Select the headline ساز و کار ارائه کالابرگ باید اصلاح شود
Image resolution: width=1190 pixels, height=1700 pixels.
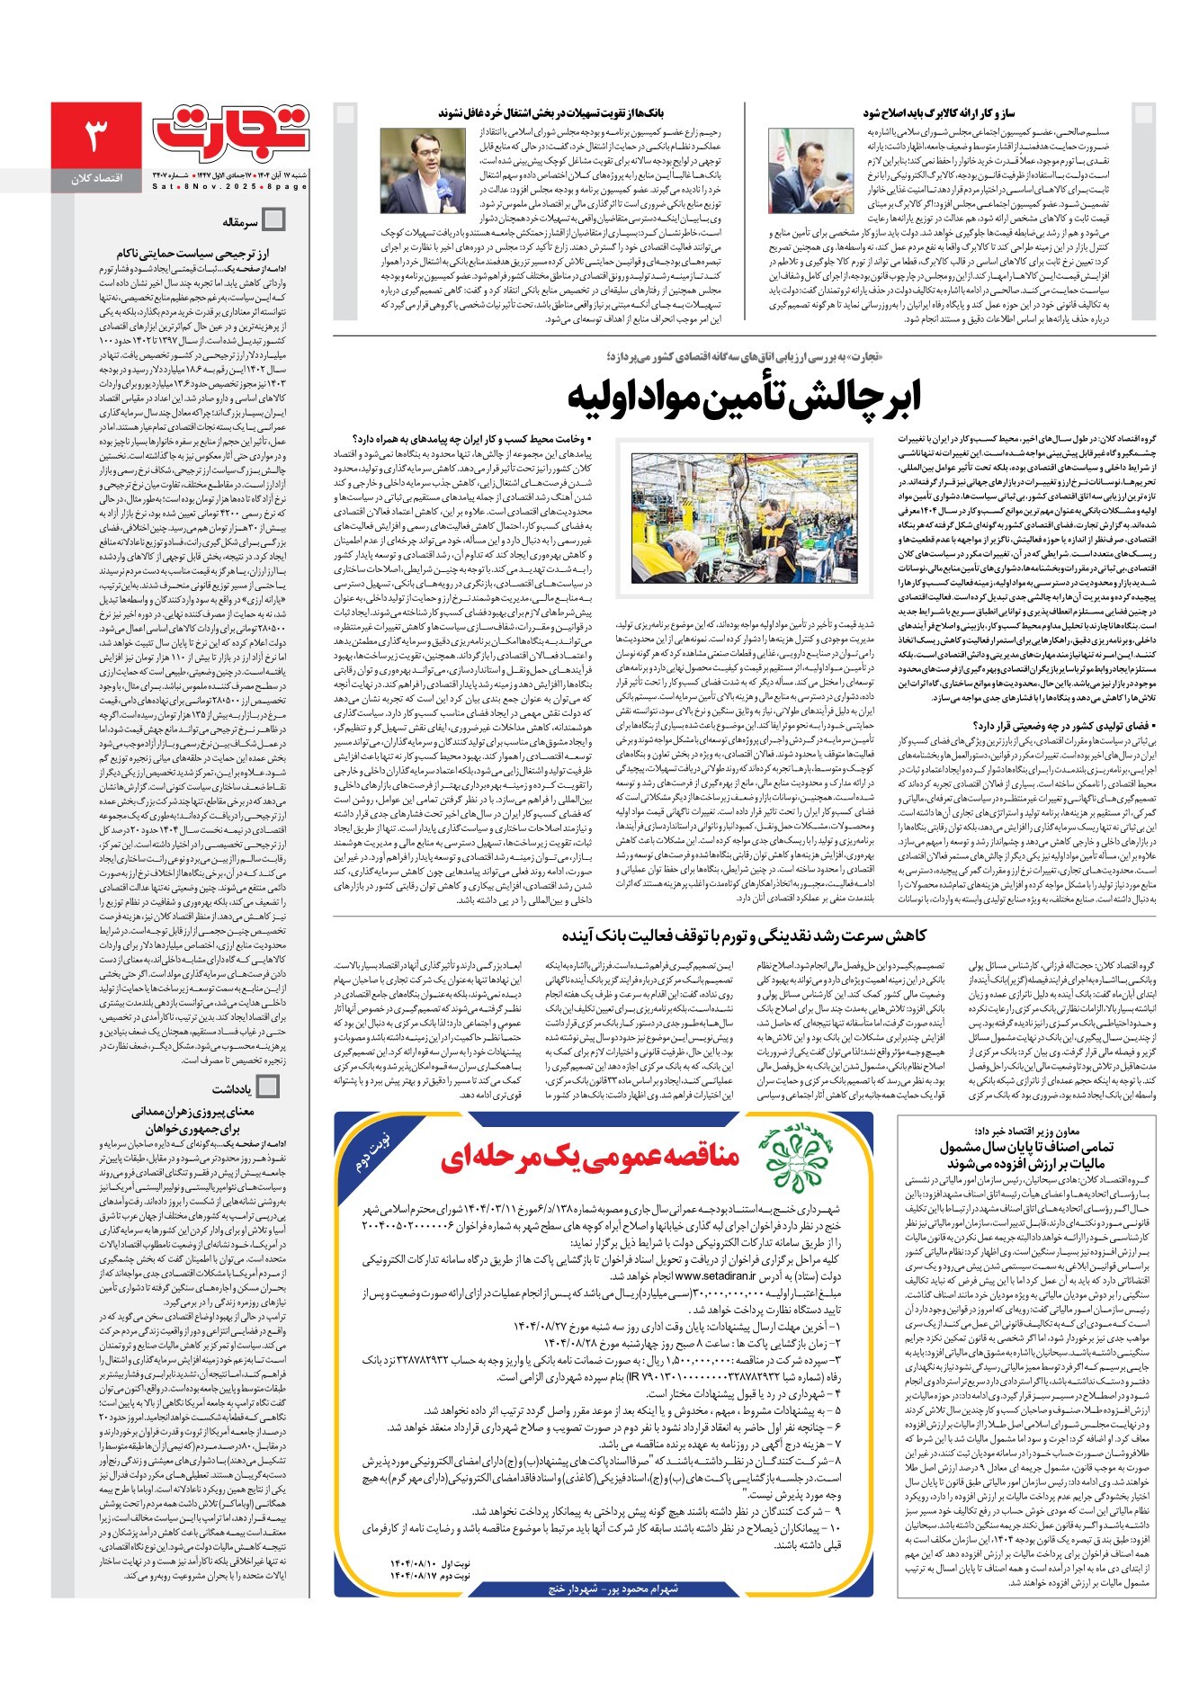(939, 113)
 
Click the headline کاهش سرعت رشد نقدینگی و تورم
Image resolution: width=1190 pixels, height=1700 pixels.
(744, 935)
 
